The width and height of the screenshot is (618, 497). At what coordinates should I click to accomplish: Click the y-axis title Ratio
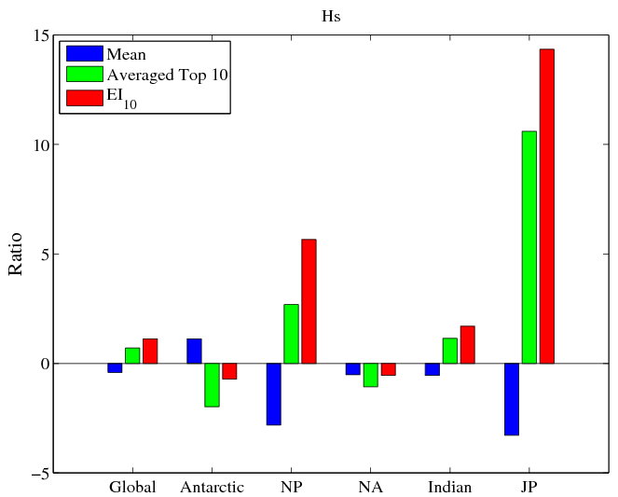point(16,255)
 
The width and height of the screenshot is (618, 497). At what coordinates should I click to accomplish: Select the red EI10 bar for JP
point(546,206)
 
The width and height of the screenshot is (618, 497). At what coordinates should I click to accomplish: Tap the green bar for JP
point(529,247)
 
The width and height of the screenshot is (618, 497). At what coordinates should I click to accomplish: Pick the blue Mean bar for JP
point(512,399)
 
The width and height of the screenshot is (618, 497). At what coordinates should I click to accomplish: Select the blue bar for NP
point(274,393)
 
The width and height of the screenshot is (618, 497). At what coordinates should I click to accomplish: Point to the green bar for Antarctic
point(212,384)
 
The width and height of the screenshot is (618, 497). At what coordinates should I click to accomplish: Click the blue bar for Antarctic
point(194,351)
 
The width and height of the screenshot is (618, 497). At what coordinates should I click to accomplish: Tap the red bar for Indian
point(467,344)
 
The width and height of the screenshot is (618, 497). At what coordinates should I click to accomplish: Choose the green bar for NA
point(370,374)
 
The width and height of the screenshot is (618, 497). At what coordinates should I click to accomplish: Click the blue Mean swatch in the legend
point(83,53)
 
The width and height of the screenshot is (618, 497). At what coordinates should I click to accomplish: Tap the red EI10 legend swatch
point(83,95)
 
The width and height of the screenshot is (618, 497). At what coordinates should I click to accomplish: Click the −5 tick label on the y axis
point(37,473)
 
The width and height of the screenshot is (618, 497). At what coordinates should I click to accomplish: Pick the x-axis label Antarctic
point(212,488)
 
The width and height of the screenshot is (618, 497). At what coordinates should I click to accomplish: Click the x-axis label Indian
point(449,488)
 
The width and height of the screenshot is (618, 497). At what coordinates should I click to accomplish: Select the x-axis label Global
point(132,488)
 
